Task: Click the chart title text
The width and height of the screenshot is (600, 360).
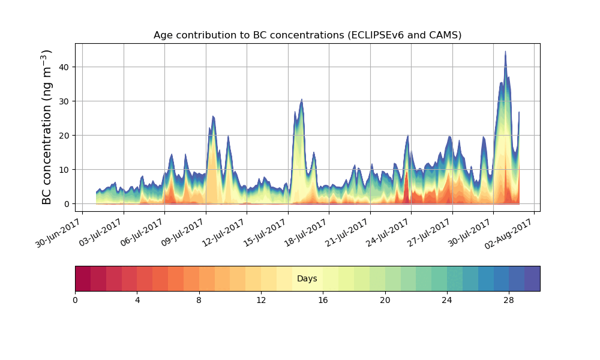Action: pyautogui.click(x=307, y=35)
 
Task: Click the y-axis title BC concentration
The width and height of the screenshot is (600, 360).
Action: pyautogui.click(x=47, y=127)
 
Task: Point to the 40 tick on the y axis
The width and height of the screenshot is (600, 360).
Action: pyautogui.click(x=64, y=67)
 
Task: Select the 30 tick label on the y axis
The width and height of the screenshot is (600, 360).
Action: pyautogui.click(x=64, y=101)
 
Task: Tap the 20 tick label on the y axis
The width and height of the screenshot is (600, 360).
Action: pyautogui.click(x=64, y=135)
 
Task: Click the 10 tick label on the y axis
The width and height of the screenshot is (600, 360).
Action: pyautogui.click(x=64, y=169)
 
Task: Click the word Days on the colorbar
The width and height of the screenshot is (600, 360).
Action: pyautogui.click(x=307, y=279)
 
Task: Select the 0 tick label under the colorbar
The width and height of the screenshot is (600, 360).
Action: pyautogui.click(x=75, y=300)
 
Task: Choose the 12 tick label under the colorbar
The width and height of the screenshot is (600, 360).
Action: pyautogui.click(x=261, y=300)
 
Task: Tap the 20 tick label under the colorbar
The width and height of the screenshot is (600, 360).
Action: pyautogui.click(x=385, y=300)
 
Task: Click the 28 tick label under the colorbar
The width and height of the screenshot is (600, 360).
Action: pyautogui.click(x=509, y=300)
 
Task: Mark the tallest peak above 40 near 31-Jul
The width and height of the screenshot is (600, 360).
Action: pyautogui.click(x=505, y=52)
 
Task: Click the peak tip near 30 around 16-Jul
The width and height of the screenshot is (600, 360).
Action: pyautogui.click(x=302, y=100)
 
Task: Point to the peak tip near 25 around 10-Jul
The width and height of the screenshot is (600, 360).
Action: pyautogui.click(x=213, y=116)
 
